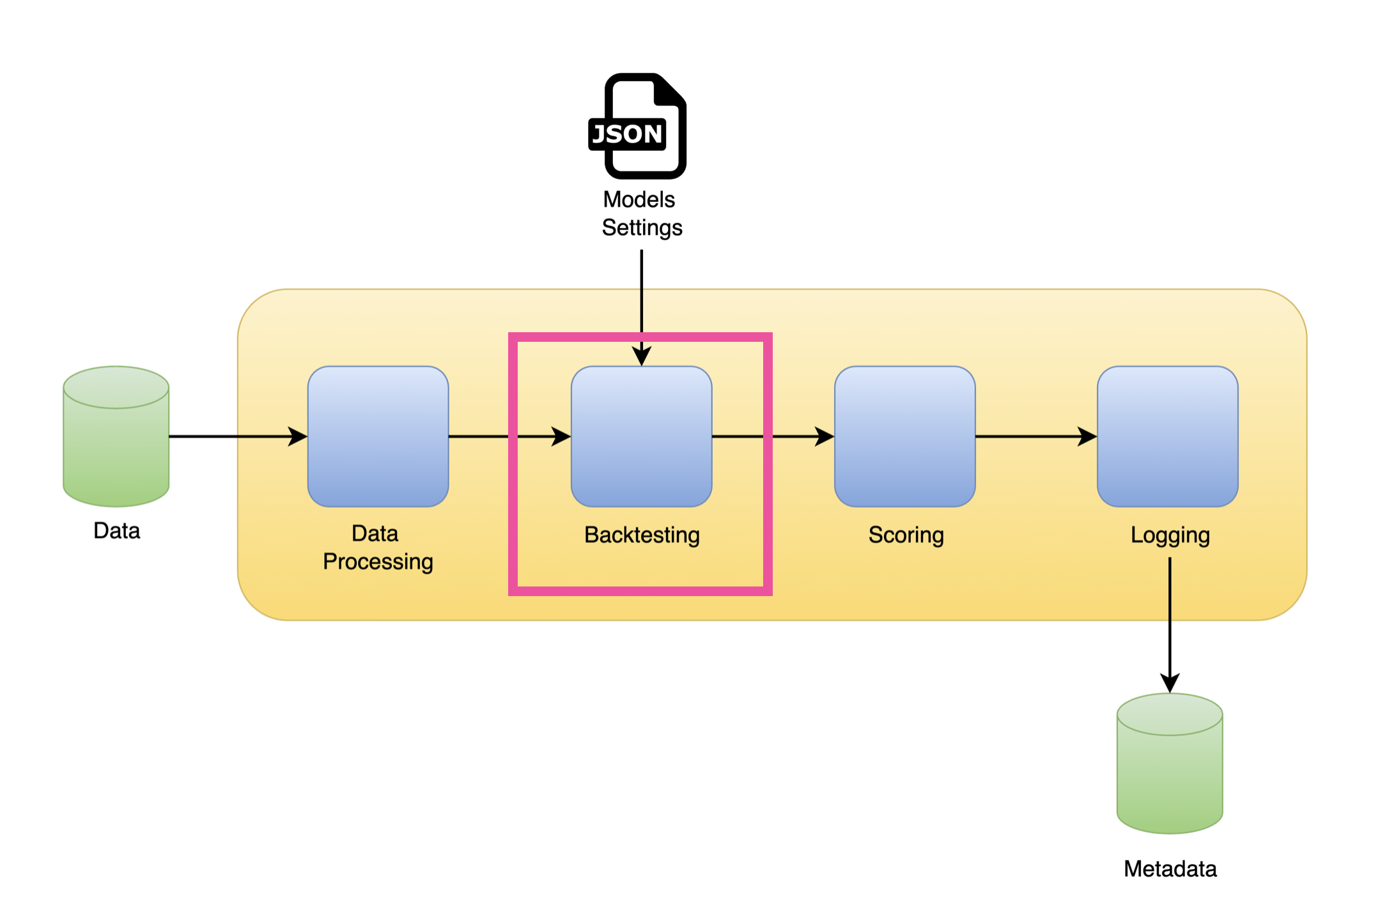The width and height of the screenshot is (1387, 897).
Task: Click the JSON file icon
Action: pos(638,126)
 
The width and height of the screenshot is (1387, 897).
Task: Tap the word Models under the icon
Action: pos(639,200)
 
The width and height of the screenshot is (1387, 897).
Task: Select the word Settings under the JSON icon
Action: pos(642,228)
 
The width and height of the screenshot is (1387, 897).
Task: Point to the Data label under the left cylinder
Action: pos(116,531)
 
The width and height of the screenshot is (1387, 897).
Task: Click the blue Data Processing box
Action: pos(378,437)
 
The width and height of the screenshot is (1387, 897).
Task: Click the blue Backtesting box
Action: pos(641,437)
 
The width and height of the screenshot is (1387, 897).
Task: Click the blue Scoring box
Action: pos(904,437)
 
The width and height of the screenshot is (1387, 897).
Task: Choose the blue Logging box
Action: pos(1167,437)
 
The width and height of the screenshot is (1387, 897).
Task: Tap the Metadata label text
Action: pos(1170,870)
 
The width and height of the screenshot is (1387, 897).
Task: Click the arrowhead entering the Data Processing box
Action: pos(298,437)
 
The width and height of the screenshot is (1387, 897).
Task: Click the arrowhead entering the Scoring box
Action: pos(825,437)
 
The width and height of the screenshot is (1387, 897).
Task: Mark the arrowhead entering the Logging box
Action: pos(1087,437)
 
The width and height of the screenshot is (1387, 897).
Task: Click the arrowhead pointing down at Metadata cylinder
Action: pos(1170,684)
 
